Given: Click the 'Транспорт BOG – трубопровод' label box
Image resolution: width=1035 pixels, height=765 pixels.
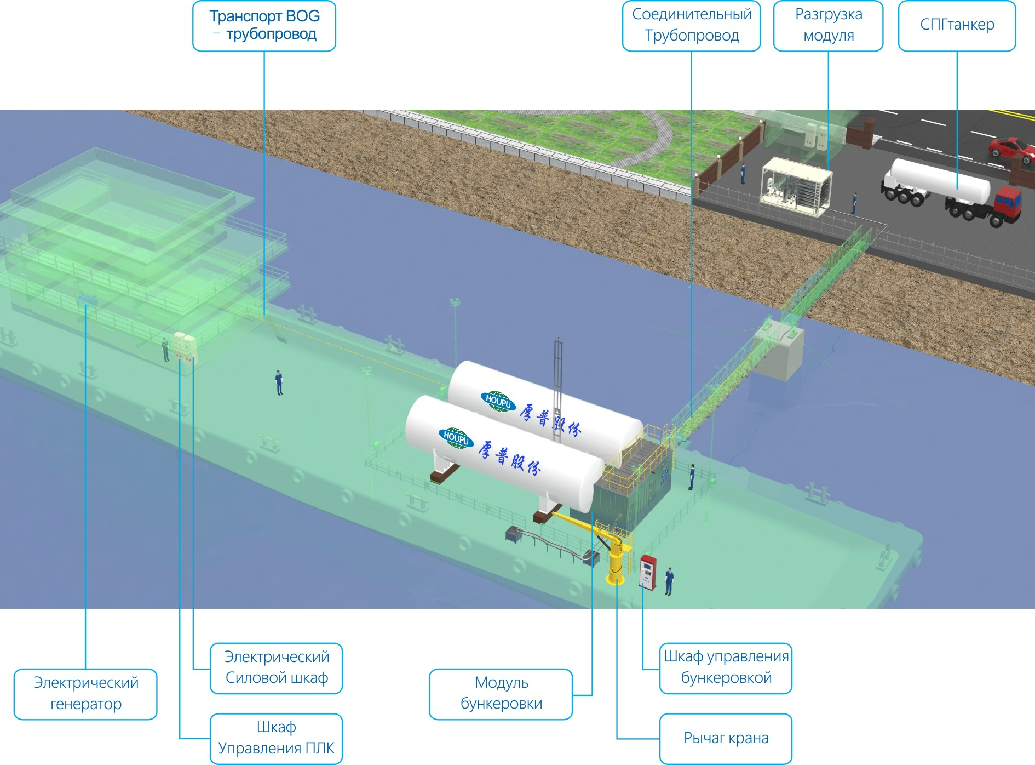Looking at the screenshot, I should click(264, 26).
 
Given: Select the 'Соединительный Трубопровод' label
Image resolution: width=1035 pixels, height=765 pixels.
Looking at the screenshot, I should click(691, 26).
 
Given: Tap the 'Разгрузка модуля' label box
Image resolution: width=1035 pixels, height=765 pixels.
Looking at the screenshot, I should click(828, 26).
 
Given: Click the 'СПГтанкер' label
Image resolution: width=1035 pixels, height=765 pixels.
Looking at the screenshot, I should click(957, 26).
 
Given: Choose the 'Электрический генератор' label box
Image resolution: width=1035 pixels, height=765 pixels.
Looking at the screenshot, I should click(85, 694).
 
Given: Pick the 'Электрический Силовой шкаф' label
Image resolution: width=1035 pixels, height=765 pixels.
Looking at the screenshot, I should click(277, 668).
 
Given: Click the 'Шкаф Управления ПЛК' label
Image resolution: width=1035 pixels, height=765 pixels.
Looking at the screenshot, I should click(277, 738).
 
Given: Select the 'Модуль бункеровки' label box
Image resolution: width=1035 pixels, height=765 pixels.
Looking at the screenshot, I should click(501, 694).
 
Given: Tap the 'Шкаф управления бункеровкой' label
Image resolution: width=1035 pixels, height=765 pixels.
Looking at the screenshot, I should click(726, 668).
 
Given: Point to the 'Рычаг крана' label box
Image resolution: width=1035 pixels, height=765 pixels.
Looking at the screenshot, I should click(726, 738).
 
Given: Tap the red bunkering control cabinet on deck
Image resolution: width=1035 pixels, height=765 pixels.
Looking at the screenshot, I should click(648, 572).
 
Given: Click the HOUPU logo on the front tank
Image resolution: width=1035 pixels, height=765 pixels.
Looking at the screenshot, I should click(456, 438).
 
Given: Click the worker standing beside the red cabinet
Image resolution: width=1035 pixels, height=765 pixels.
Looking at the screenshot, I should click(669, 581).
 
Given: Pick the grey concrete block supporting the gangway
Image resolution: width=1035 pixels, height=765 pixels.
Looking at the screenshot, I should click(780, 353).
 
